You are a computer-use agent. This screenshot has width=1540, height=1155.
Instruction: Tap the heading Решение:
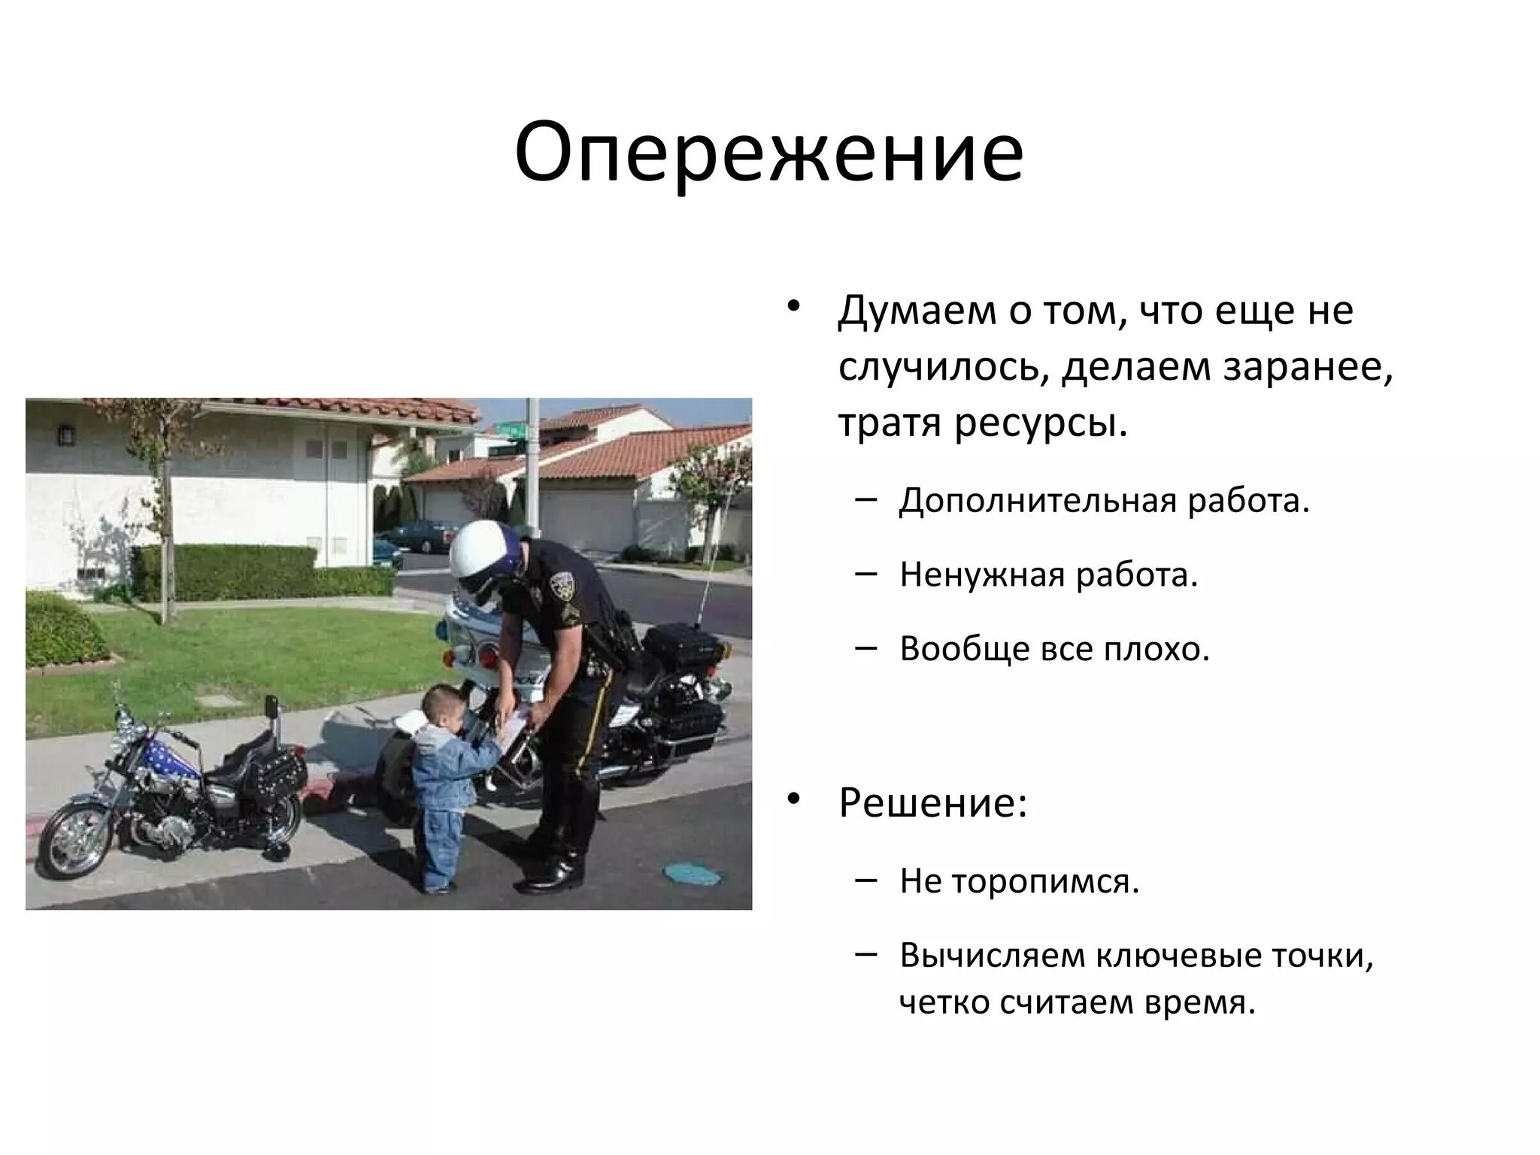pyautogui.click(x=932, y=803)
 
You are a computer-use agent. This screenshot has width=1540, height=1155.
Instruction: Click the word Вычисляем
pyautogui.click(x=990, y=956)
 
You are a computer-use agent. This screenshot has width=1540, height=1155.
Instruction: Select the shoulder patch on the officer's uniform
pyautogui.click(x=564, y=584)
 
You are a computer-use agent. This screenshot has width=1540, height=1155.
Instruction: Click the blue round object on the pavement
pyautogui.click(x=692, y=872)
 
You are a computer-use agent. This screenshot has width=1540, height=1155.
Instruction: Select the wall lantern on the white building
pyautogui.click(x=65, y=435)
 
